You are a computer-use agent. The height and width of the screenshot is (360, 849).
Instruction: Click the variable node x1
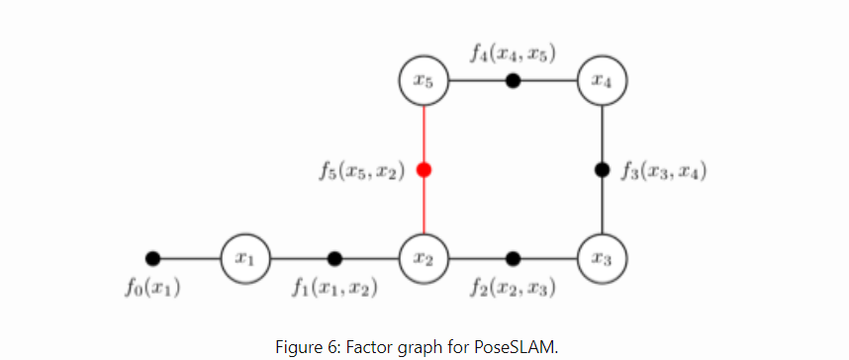point(243,258)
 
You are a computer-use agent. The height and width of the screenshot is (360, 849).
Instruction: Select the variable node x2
point(424,258)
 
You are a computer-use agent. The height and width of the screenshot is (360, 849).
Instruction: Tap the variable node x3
point(603,258)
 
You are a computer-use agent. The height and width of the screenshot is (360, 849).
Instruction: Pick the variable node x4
point(603,80)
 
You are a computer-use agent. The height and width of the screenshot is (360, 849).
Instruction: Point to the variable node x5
point(424,80)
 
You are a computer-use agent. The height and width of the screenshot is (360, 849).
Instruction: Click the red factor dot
point(424,169)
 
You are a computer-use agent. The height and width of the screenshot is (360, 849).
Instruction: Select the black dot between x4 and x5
point(513,80)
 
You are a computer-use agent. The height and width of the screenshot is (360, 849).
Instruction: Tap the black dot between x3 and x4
point(603,169)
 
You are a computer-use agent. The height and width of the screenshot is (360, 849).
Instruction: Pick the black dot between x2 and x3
point(513,258)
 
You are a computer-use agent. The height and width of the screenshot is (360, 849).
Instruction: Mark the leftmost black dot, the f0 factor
point(152,258)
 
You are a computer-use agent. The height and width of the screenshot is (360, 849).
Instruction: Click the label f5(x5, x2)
point(361,171)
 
